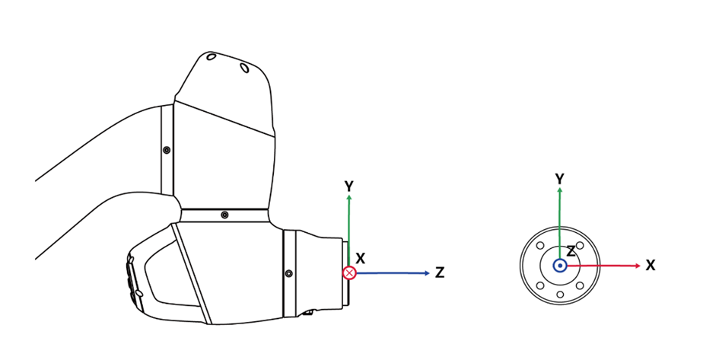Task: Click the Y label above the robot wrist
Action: pyautogui.click(x=348, y=186)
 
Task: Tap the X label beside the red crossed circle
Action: pyautogui.click(x=361, y=258)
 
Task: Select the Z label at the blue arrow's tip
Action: pyautogui.click(x=440, y=272)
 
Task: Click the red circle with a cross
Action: pyautogui.click(x=349, y=272)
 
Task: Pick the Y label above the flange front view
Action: pyautogui.click(x=559, y=178)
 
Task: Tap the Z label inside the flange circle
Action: pyautogui.click(x=571, y=252)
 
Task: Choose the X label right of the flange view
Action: pyautogui.click(x=651, y=266)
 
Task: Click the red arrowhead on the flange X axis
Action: pyautogui.click(x=637, y=266)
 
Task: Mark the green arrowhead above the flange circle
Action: pyautogui.click(x=559, y=190)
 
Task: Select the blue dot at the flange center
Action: pyautogui.click(x=560, y=266)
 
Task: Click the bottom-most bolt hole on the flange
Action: pyautogui.click(x=560, y=295)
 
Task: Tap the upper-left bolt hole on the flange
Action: pyautogui.click(x=539, y=246)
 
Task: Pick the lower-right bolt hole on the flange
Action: pyautogui.click(x=580, y=285)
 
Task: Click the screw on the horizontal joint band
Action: pyautogui.click(x=224, y=215)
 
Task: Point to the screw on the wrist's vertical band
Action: pyautogui.click(x=288, y=272)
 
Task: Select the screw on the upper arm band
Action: pyautogui.click(x=167, y=150)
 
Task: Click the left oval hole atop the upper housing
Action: pyautogui.click(x=211, y=58)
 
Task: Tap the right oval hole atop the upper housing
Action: pyautogui.click(x=244, y=68)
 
